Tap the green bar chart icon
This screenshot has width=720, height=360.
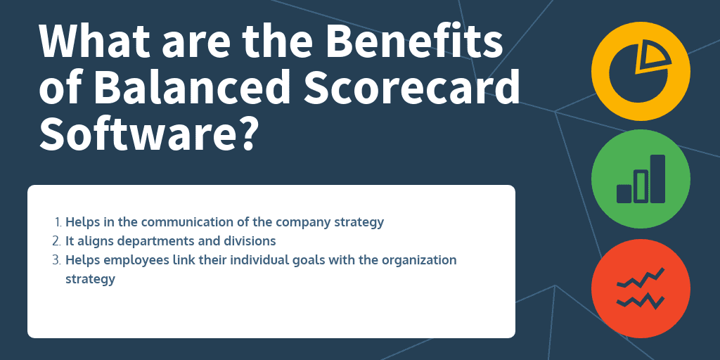(640, 179)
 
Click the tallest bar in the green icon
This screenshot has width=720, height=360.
(657, 179)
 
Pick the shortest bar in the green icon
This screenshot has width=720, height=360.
(624, 193)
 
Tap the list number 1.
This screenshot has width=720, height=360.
(58, 222)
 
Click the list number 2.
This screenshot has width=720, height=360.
(58, 241)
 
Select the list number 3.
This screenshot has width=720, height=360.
(58, 260)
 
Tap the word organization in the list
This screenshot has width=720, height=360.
(419, 260)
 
